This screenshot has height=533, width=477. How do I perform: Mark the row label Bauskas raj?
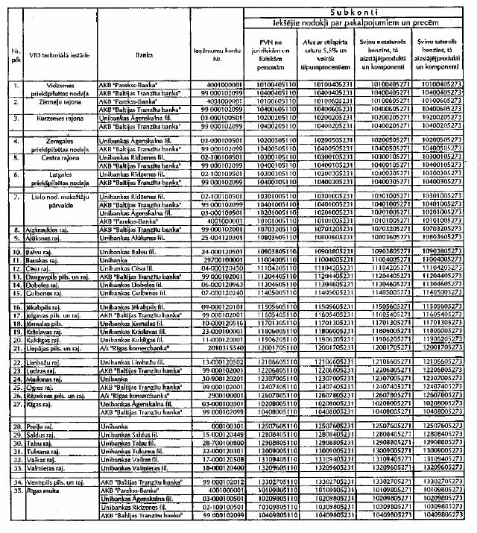(42, 261)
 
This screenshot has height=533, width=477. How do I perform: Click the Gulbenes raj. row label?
(44, 294)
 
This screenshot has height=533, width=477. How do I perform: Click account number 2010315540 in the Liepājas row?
(203, 347)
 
